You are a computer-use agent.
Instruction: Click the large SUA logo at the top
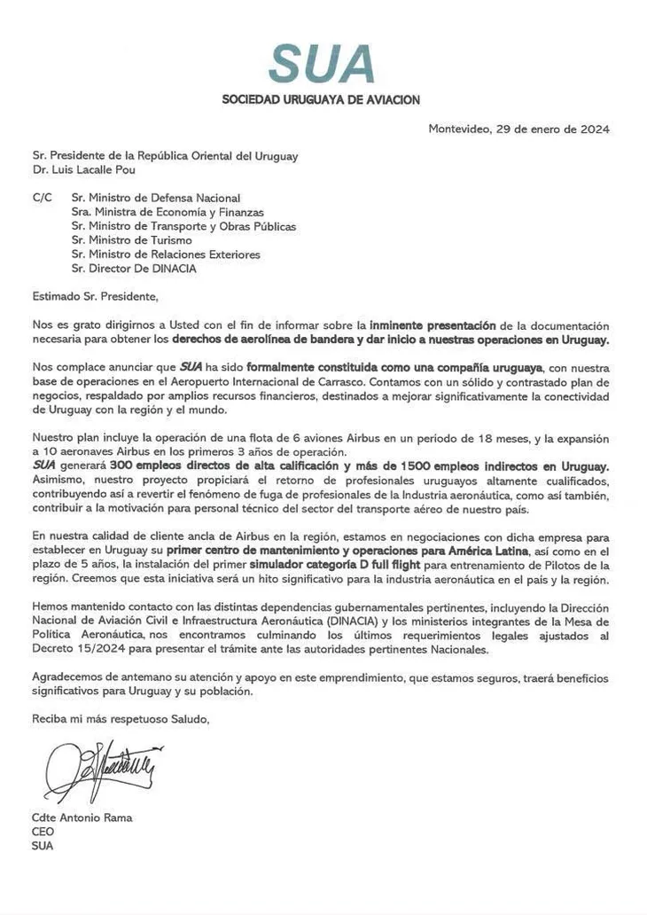coord(322,65)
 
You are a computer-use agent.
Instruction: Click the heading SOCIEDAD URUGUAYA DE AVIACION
coord(321,100)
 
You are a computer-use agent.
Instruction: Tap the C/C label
coord(43,198)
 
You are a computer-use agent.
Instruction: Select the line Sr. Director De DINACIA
coord(134,269)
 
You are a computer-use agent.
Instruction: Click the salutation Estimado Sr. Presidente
coord(95,296)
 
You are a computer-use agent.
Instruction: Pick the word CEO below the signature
coord(43,832)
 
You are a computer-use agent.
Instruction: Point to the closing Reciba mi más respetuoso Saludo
coord(121,719)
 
